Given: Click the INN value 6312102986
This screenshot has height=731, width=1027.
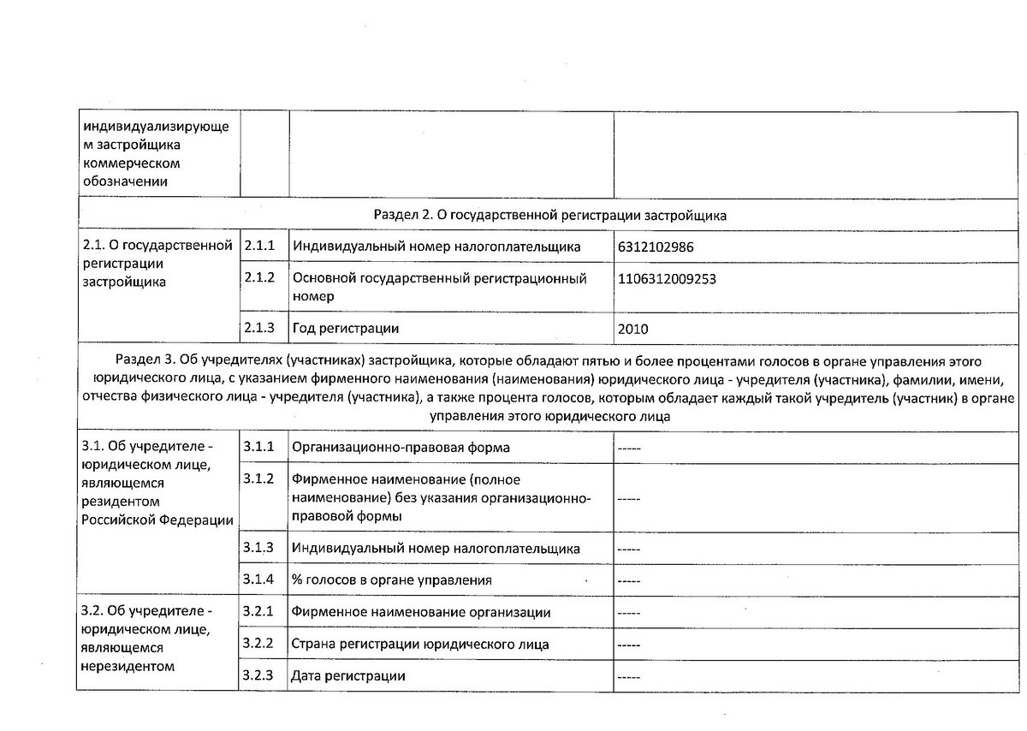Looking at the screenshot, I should [655, 247].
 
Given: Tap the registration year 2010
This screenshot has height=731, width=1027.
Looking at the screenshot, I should [632, 328].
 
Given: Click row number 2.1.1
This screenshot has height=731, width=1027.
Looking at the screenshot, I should [259, 247].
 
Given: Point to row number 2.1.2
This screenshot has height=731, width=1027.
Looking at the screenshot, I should [259, 278].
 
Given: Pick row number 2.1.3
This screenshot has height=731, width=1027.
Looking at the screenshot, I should [259, 328].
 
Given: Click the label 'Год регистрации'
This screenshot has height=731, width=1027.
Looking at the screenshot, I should [346, 328].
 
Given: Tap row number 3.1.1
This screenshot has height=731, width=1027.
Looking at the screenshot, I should [259, 447].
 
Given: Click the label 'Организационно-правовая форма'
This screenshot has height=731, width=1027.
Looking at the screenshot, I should [401, 448].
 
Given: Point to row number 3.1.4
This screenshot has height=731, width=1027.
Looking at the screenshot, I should [259, 579].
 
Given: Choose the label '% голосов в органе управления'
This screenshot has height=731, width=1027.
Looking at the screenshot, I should [392, 580].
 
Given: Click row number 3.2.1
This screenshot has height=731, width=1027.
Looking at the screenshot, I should [259, 612].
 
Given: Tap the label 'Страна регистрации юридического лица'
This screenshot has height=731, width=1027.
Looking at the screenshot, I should [420, 644].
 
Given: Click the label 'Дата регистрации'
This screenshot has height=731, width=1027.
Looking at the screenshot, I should [348, 676].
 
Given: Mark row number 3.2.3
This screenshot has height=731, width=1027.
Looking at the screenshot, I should [259, 675].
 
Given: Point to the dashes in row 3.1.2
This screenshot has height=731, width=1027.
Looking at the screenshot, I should [629, 497].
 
